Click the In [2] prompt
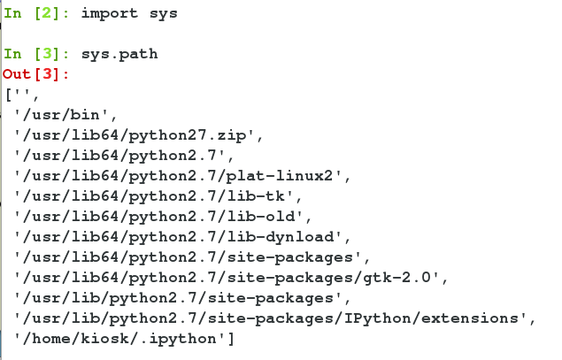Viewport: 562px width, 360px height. pyautogui.click(x=36, y=13)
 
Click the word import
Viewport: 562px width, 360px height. pyautogui.click(x=110, y=13)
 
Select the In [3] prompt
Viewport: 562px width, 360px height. pyautogui.click(x=36, y=54)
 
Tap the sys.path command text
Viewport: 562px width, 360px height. pyautogui.click(x=119, y=55)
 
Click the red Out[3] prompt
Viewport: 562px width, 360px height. pyautogui.click(x=35, y=74)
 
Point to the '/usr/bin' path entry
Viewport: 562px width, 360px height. pyautogui.click(x=61, y=115)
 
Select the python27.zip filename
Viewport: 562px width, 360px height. pyautogui.click(x=188, y=135)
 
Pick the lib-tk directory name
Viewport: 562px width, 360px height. pyautogui.click(x=257, y=196)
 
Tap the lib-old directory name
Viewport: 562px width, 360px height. pyautogui.click(x=261, y=217)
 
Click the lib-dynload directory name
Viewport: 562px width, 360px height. pyautogui.click(x=280, y=237)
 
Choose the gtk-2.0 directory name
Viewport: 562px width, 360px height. pyautogui.click(x=397, y=278)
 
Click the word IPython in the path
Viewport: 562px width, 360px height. pyautogui.click(x=377, y=318)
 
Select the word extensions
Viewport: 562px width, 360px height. pyautogui.click(x=470, y=318)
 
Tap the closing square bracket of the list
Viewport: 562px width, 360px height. pyautogui.click(x=231, y=339)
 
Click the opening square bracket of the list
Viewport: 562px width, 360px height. pyautogui.click(x=9, y=95)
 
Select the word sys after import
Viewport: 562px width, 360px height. pyautogui.click(x=163, y=14)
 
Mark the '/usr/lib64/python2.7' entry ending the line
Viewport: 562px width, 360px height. pyautogui.click(x=119, y=156)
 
